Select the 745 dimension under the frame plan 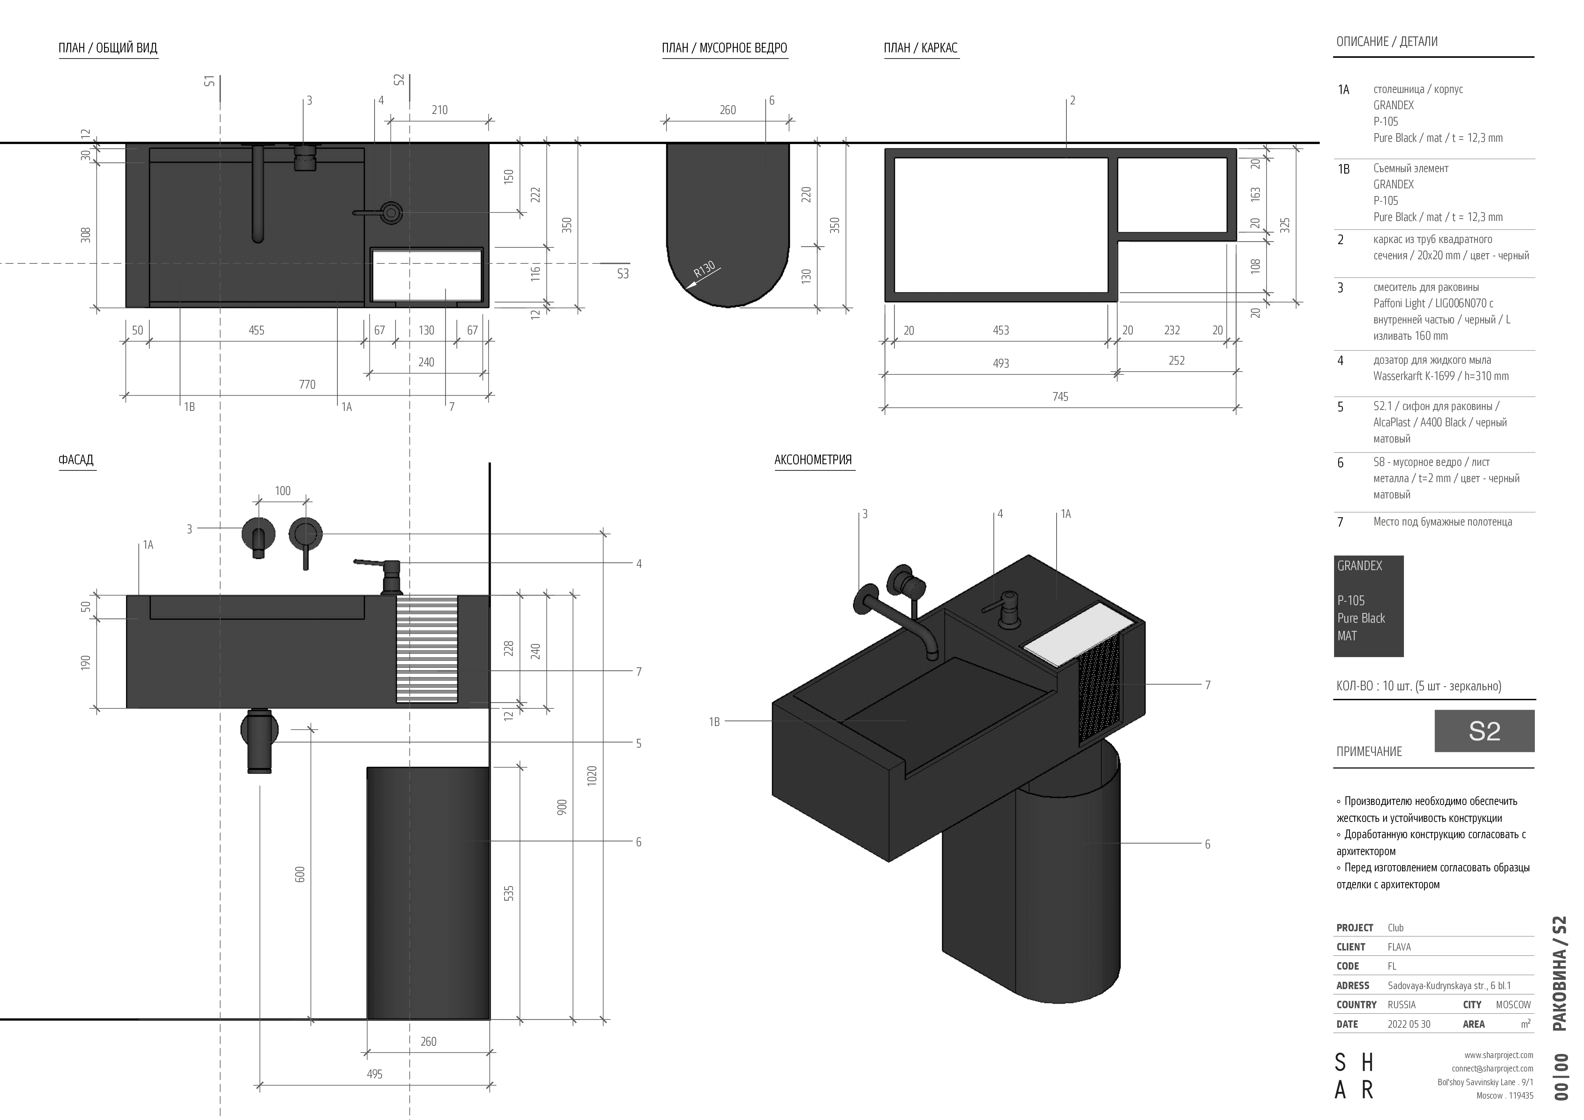(x=1060, y=397)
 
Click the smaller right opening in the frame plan (x=1172, y=195)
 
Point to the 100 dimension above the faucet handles (x=283, y=491)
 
